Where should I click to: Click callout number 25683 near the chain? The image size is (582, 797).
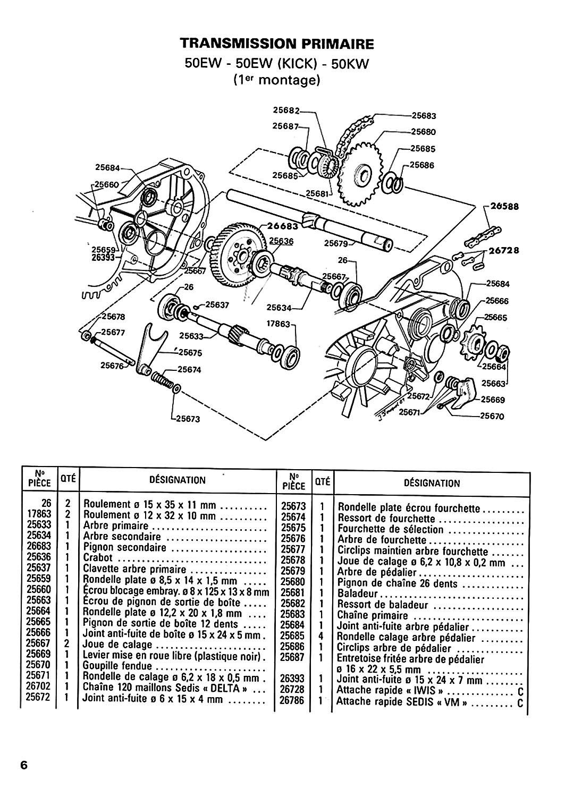coord(424,115)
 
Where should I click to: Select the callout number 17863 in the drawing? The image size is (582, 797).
coord(279,324)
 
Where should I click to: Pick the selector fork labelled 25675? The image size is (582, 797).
coord(151,345)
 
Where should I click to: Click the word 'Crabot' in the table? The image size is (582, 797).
coord(98,558)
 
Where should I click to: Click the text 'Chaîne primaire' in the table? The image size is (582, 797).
coord(373,615)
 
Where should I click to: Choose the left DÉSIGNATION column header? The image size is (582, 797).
coord(178,480)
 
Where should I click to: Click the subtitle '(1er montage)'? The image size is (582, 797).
coord(276,81)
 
